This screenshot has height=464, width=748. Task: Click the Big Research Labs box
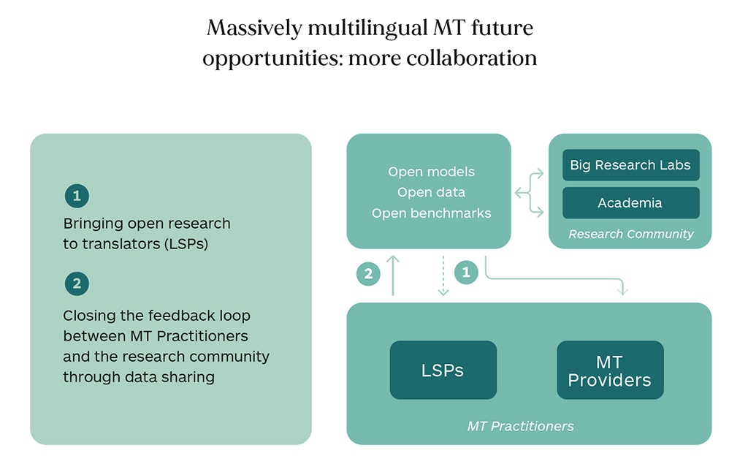coord(630,165)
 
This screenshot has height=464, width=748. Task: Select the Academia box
coord(630,203)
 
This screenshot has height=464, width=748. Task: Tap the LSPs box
coord(443,370)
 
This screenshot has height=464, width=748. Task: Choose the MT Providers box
coord(610,370)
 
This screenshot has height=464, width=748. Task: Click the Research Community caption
coord(630,234)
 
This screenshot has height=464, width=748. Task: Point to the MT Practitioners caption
coord(520,426)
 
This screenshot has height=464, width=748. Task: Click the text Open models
coord(431,172)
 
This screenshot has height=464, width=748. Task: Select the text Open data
coord(431,192)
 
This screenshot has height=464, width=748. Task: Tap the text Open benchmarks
coord(431,213)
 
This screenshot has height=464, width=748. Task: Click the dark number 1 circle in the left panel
coord(77,196)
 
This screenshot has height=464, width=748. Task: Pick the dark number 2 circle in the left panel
coord(77,284)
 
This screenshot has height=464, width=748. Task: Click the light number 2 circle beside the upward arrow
coord(368,274)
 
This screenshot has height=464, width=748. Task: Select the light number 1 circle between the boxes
coord(466,273)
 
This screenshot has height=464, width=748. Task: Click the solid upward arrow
coord(392,275)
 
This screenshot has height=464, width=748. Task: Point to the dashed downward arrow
coord(443,276)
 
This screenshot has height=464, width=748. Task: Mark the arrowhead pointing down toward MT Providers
coord(622,291)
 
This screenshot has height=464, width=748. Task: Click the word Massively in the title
coord(254,28)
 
